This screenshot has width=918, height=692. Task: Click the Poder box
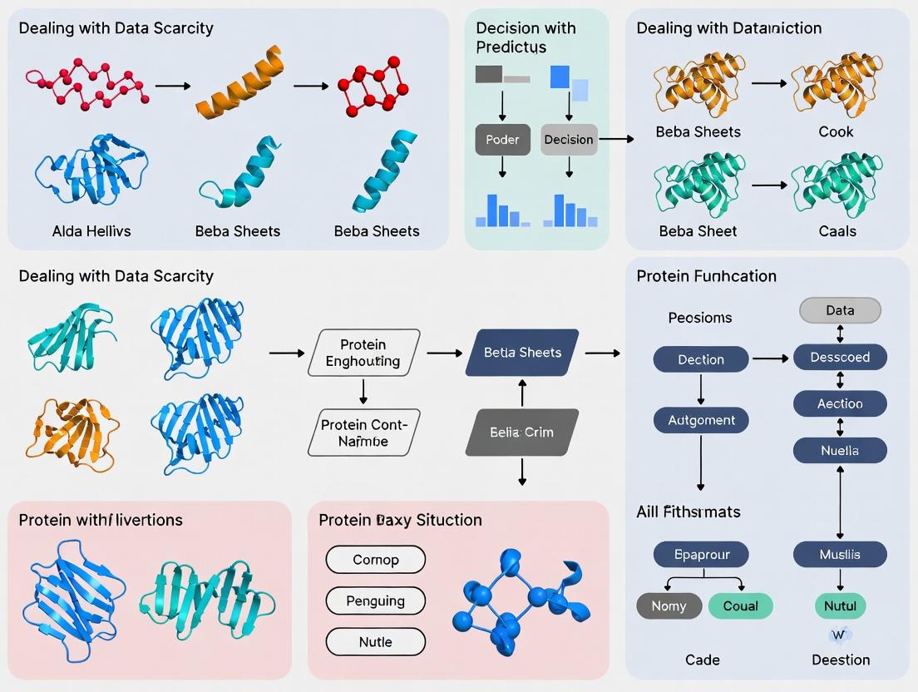click(502, 140)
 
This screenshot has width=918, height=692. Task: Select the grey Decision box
click(569, 140)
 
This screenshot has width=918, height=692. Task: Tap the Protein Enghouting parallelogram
click(363, 353)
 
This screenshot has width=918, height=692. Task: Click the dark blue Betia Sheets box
click(522, 353)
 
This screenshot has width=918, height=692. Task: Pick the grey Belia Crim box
click(521, 432)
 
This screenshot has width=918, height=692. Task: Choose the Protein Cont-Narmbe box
click(363, 432)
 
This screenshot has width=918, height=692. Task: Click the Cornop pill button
click(375, 560)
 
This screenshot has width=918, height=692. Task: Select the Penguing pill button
click(375, 601)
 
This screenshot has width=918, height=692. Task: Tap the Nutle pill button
click(375, 642)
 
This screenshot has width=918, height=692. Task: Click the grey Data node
click(840, 310)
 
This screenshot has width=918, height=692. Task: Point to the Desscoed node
click(840, 357)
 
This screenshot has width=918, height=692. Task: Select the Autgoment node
click(701, 420)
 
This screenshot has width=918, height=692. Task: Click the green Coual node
click(740, 606)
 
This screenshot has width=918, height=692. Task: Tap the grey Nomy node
click(669, 606)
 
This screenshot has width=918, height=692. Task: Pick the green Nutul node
click(840, 606)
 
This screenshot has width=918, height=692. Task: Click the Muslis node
click(840, 554)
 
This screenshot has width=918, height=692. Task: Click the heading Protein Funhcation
click(706, 276)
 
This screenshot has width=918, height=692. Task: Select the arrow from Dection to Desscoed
click(770, 358)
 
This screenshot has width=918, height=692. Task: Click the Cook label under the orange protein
click(836, 131)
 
